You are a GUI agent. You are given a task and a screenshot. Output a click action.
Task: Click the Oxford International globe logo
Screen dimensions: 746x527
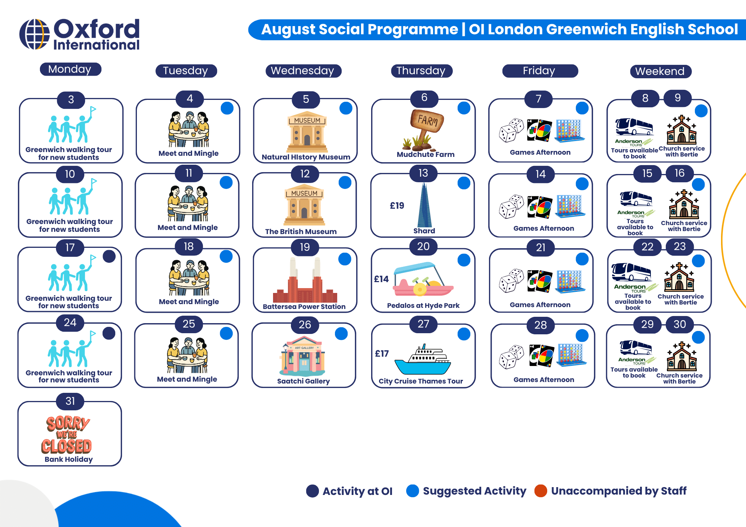(x=34, y=34)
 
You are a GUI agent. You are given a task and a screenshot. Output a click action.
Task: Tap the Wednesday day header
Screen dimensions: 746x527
(x=303, y=71)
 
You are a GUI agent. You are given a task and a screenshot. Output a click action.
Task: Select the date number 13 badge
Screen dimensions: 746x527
(x=423, y=173)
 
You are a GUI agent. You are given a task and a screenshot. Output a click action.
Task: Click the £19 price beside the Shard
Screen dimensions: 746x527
(x=397, y=206)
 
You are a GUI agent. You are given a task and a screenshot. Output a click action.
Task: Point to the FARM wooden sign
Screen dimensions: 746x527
(x=427, y=120)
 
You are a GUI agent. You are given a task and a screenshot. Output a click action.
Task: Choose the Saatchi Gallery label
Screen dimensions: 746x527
(x=303, y=381)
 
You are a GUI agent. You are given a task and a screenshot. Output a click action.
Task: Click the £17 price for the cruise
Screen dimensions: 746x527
(x=382, y=354)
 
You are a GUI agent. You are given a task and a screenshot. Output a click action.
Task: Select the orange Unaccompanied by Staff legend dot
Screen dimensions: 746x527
(x=540, y=491)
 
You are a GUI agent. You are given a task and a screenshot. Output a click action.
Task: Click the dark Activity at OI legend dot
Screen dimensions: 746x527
(x=313, y=491)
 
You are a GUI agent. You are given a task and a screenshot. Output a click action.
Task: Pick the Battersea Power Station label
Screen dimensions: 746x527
(x=304, y=306)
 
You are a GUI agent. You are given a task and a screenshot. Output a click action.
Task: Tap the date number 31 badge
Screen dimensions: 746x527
(x=70, y=401)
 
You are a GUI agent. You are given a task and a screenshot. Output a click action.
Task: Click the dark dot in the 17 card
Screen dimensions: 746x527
(x=109, y=256)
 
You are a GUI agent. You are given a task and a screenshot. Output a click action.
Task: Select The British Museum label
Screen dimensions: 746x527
(x=301, y=231)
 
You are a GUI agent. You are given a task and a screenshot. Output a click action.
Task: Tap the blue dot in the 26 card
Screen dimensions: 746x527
(x=341, y=334)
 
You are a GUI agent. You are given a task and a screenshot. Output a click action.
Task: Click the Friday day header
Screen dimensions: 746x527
(x=540, y=71)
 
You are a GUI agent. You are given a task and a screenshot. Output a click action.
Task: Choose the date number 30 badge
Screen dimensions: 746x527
(x=680, y=324)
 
